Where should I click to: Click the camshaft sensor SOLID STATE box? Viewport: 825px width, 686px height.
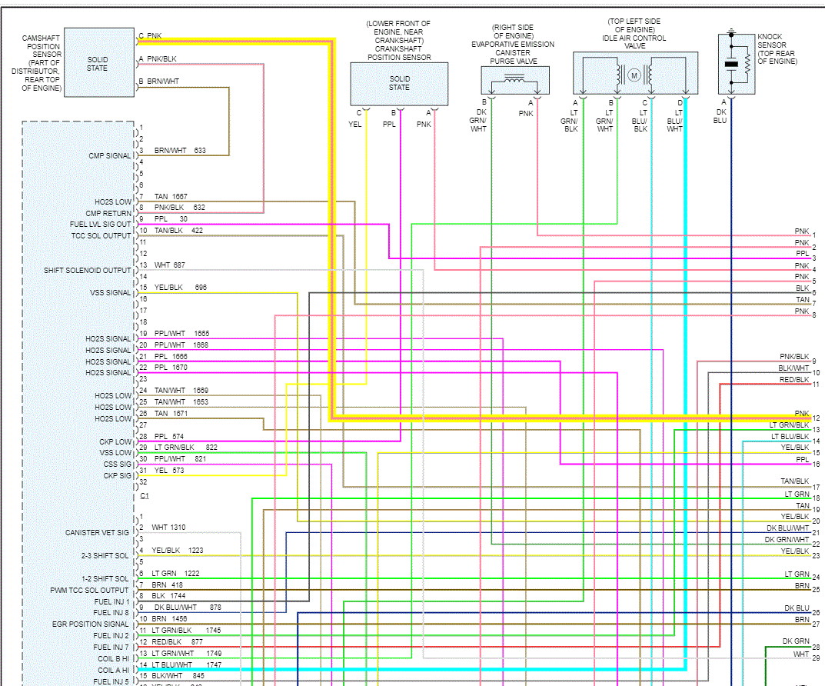(x=97, y=63)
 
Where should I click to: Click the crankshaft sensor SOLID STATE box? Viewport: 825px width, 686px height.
(x=399, y=83)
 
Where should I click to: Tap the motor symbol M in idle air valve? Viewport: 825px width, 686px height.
(x=634, y=75)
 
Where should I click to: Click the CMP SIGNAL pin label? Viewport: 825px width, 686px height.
(x=110, y=156)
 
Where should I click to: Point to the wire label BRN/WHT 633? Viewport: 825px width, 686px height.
(x=180, y=151)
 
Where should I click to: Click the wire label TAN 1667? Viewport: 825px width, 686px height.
(x=170, y=197)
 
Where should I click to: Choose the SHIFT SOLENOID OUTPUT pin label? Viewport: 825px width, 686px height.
(x=88, y=270)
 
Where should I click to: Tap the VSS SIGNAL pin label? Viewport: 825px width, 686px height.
(x=110, y=293)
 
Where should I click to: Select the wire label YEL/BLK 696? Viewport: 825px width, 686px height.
(x=180, y=288)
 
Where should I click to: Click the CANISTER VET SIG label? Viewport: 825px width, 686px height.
(x=98, y=533)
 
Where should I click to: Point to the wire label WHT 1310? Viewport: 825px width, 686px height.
(x=168, y=528)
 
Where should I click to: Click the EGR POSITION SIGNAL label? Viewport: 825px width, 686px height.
(x=91, y=624)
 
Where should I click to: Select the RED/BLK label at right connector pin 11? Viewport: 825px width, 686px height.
(x=793, y=380)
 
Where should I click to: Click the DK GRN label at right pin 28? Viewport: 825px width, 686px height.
(x=796, y=641)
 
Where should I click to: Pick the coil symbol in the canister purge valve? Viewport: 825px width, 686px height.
(x=514, y=78)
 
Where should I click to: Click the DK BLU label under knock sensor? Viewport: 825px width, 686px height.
(x=720, y=116)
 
